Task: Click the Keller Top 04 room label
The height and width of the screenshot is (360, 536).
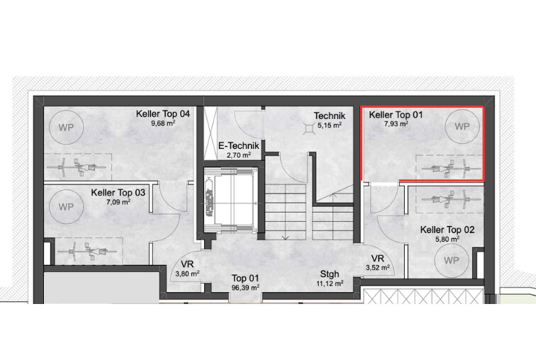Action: tap(163, 113)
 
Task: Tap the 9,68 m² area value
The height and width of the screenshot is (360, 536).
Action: tap(163, 123)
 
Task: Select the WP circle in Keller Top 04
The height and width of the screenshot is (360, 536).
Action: tap(66, 128)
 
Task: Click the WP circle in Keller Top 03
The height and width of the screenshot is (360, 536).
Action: tap(66, 207)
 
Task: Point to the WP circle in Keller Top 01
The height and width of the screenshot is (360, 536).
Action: tap(462, 126)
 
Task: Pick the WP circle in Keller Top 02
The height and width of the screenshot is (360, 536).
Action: tap(451, 261)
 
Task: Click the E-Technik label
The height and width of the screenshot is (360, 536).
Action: tap(239, 146)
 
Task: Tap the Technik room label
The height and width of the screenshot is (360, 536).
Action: tap(330, 116)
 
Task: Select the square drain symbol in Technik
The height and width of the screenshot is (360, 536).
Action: tap(309, 128)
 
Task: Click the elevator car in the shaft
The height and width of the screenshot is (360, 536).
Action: tap(230, 198)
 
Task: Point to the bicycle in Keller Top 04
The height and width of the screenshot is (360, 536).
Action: tap(77, 168)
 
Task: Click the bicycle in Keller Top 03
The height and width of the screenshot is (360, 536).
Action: tap(87, 251)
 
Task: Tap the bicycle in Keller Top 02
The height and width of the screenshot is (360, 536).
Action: tap(446, 199)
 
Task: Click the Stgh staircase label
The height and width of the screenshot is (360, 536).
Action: tap(330, 274)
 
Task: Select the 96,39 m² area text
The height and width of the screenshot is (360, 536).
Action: tap(245, 288)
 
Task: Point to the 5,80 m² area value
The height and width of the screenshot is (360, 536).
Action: tap(447, 239)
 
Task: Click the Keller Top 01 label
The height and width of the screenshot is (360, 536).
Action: tap(396, 115)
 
